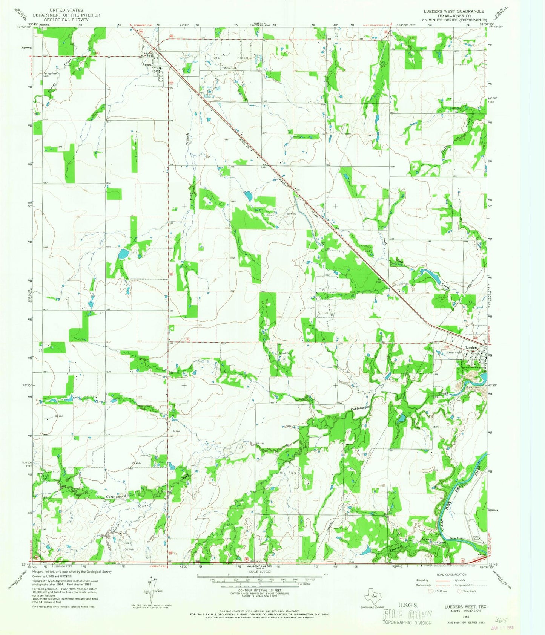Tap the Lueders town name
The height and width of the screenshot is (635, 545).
click(x=471, y=347)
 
